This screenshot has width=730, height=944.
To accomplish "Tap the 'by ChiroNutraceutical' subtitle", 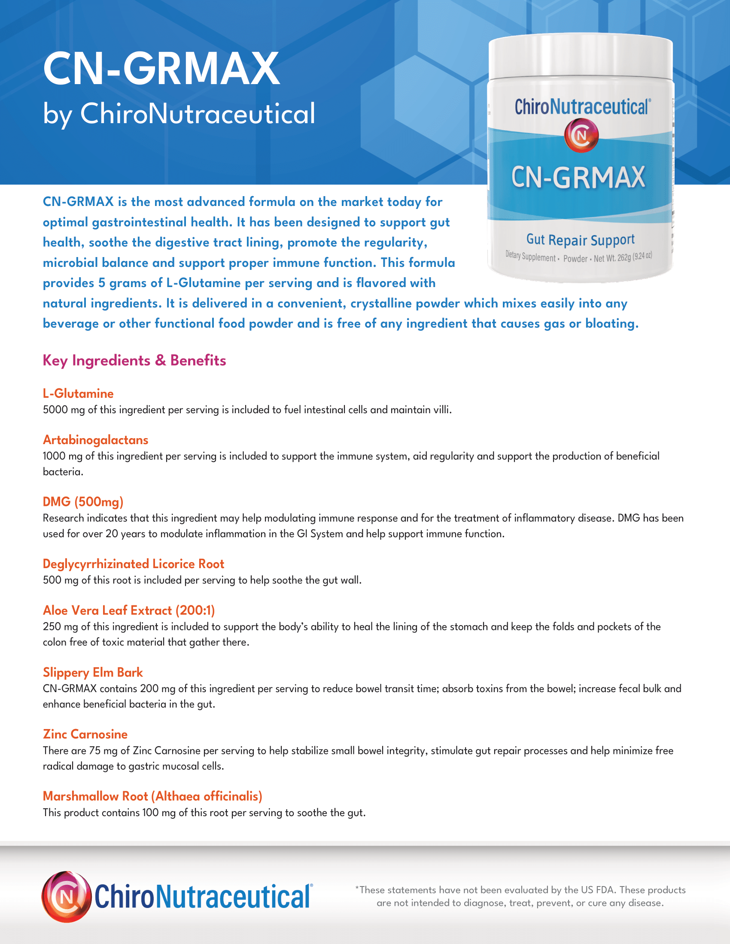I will click(179, 114).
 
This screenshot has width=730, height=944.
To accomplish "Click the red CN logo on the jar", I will click(581, 136).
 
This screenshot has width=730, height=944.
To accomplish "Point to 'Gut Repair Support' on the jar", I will click(581, 239).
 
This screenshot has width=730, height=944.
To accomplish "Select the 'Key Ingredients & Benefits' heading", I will click(134, 360).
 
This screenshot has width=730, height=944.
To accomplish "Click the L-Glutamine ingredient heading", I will click(78, 393).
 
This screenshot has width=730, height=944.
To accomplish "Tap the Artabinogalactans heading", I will click(96, 440).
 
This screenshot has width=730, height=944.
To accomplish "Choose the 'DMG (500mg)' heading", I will click(83, 502).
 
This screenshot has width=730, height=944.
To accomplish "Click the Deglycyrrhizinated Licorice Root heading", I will click(133, 564).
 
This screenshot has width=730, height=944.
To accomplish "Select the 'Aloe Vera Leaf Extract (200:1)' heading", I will click(129, 610).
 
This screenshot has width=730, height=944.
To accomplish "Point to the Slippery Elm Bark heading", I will click(93, 672).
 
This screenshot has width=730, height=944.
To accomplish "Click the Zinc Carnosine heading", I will click(85, 734).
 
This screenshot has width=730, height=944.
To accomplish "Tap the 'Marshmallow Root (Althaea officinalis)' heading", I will click(153, 796).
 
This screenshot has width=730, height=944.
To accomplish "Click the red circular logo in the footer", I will click(67, 896).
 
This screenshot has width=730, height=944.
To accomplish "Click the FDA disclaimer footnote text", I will click(520, 896).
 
